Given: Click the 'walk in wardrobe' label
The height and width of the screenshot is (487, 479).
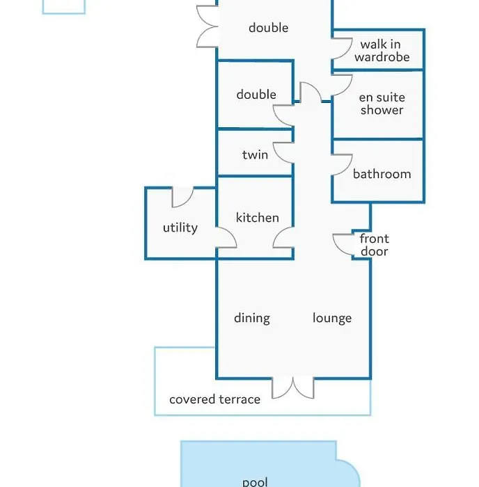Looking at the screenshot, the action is point(382,51).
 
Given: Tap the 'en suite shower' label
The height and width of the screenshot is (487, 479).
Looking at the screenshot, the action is point(382,104).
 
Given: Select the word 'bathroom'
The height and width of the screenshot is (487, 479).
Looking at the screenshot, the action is point(382,174).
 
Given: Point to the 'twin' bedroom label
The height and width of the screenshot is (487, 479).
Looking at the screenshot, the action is point(255,154).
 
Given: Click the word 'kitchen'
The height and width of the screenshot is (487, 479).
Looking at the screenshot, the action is point(258,217).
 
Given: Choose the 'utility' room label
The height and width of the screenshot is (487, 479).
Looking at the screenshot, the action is point(180,227).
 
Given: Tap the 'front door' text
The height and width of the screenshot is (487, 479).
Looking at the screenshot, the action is point(375,245).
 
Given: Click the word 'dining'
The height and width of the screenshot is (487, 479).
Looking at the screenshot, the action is point(252,319).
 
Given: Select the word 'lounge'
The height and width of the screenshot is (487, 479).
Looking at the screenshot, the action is point(332,319).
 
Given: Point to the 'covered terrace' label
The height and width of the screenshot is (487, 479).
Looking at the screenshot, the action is point(215,399).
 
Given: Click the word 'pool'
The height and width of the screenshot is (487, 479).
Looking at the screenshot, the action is point(255,482).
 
